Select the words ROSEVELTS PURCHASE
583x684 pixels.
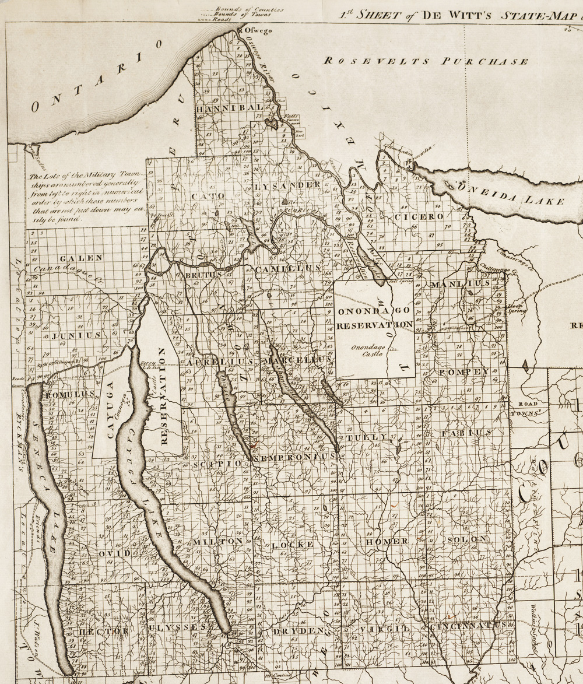(x=426, y=61)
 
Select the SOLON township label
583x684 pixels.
(x=466, y=539)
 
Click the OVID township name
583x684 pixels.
(x=110, y=552)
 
